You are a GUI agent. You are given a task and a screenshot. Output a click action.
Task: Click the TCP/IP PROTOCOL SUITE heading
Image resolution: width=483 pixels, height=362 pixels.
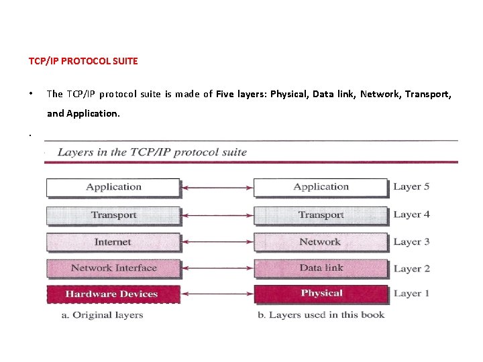[83, 61]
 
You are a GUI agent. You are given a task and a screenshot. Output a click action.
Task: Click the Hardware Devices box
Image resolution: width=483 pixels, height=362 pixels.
[112, 294]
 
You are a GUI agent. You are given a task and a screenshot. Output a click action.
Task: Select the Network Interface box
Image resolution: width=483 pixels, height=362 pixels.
[113, 268]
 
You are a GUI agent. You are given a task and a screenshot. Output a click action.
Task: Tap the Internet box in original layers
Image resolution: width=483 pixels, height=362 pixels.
[113, 242]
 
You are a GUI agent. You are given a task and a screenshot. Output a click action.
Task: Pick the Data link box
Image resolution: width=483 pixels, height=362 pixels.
[321, 268]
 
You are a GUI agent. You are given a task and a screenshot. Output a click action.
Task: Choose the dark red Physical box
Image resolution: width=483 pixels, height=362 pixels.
[321, 294]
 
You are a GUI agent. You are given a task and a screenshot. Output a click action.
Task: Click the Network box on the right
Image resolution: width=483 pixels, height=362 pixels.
[321, 242]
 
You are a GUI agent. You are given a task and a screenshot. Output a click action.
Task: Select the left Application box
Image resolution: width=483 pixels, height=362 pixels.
[113, 187]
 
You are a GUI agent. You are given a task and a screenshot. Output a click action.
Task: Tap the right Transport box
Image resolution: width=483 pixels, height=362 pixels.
[321, 215]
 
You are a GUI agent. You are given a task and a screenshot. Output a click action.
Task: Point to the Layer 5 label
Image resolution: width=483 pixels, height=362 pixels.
[411, 187]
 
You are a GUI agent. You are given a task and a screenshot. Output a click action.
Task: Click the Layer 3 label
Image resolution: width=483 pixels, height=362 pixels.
[411, 242]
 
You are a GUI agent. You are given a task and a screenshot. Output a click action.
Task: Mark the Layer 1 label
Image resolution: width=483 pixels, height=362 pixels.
[411, 294]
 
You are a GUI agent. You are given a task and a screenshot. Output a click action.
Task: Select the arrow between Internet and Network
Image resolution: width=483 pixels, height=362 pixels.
[217, 242]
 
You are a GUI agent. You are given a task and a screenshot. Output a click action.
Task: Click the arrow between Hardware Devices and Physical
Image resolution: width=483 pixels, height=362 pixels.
[217, 294]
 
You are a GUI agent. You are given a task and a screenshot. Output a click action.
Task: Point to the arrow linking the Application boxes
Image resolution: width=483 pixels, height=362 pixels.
[217, 188]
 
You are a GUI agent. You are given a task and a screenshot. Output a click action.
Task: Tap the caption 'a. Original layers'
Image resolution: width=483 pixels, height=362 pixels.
[102, 315]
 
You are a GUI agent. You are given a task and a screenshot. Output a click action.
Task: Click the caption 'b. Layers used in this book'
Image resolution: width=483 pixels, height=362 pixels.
[321, 315]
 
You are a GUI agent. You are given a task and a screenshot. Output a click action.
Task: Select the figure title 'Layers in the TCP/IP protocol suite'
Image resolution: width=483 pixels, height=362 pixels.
[152, 152]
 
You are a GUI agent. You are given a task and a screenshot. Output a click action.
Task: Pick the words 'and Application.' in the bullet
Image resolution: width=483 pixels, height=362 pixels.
[83, 114]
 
